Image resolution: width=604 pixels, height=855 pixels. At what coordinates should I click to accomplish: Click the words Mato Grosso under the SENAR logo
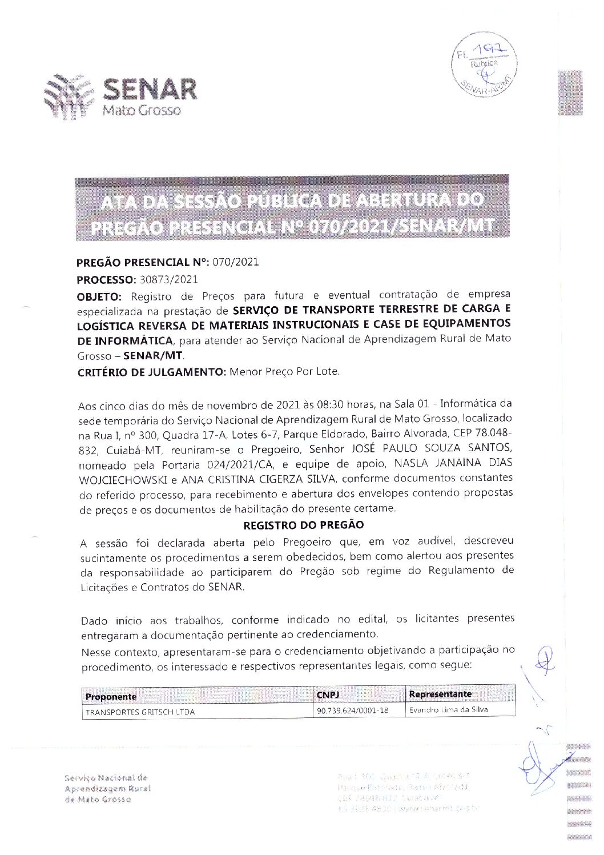[x=141, y=110]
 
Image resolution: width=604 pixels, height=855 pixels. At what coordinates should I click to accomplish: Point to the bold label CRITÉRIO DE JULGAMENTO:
[x=152, y=372]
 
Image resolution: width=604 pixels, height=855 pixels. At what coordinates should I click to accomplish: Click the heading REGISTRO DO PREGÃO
[x=303, y=524]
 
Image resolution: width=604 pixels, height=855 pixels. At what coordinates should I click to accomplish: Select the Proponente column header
[x=111, y=696]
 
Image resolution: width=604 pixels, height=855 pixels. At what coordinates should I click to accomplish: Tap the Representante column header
[x=440, y=694]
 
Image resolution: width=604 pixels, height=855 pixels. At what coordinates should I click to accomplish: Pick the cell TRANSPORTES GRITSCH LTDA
[x=140, y=712]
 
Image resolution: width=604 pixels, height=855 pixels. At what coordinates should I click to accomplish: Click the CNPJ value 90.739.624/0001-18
[x=352, y=711]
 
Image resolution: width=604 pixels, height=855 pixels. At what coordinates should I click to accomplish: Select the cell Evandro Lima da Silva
[x=448, y=711]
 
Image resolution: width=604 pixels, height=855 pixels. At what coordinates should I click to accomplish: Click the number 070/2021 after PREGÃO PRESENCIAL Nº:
[x=236, y=263]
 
